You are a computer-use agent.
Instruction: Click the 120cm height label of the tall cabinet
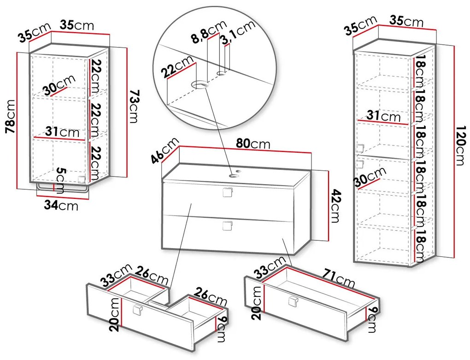(458, 145)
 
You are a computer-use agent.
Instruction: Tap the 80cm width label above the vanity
(253, 144)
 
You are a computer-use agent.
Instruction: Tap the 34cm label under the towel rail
(61, 205)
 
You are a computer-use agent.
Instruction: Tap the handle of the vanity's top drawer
(228, 192)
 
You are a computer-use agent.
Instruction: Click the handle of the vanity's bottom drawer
(228, 226)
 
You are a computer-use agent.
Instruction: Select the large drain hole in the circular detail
(200, 85)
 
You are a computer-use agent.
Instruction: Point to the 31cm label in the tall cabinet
(384, 116)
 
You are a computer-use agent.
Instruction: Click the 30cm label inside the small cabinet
(58, 84)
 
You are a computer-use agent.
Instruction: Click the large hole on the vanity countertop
(233, 176)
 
